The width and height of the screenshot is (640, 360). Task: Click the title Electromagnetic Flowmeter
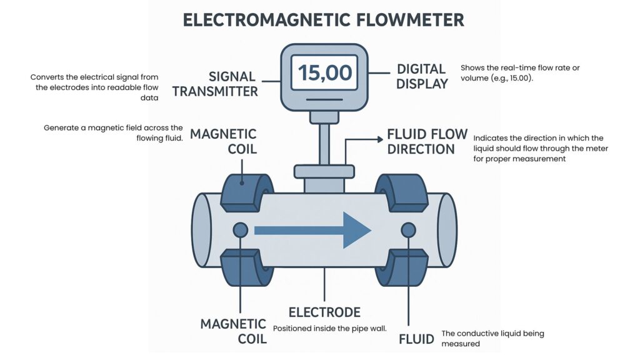pos(323,19)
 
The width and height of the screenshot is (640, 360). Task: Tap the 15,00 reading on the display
pos(324,72)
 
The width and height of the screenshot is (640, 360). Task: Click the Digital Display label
pos(422,76)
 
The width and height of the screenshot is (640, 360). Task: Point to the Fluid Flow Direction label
pos(427,141)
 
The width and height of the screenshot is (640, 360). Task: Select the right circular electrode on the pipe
pos(408,230)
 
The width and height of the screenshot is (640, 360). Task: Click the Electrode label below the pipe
pos(324,312)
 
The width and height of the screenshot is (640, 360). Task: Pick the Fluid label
pos(417,339)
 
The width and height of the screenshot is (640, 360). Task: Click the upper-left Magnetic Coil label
pos(223,141)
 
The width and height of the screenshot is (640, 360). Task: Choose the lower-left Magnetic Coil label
pos(233,331)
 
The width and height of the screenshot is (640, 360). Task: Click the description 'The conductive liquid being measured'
pos(492,338)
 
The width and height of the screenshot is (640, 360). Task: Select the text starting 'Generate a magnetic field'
pos(113,132)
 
